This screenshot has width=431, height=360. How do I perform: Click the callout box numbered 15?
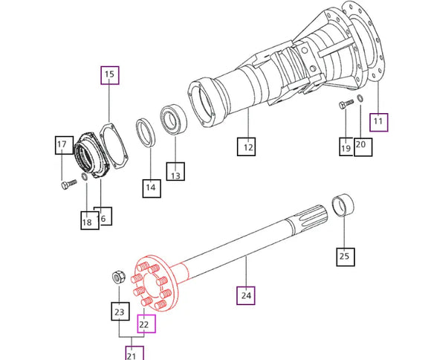click(110, 74)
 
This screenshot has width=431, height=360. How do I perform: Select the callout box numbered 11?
click(379, 120)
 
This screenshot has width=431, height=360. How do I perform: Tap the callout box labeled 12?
click(247, 147)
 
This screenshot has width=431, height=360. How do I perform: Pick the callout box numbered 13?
click(176, 176)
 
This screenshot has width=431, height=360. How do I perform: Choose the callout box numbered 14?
click(150, 188)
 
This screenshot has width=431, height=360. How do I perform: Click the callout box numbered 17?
click(62, 144)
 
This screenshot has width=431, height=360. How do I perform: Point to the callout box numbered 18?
click(88, 220)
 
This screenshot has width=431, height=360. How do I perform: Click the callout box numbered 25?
click(343, 257)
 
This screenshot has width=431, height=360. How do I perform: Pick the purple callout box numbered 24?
click(247, 295)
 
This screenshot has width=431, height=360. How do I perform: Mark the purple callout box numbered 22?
click(144, 324)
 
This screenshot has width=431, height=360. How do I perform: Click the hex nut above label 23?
click(117, 277)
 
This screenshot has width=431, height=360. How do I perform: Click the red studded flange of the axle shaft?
click(153, 283)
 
